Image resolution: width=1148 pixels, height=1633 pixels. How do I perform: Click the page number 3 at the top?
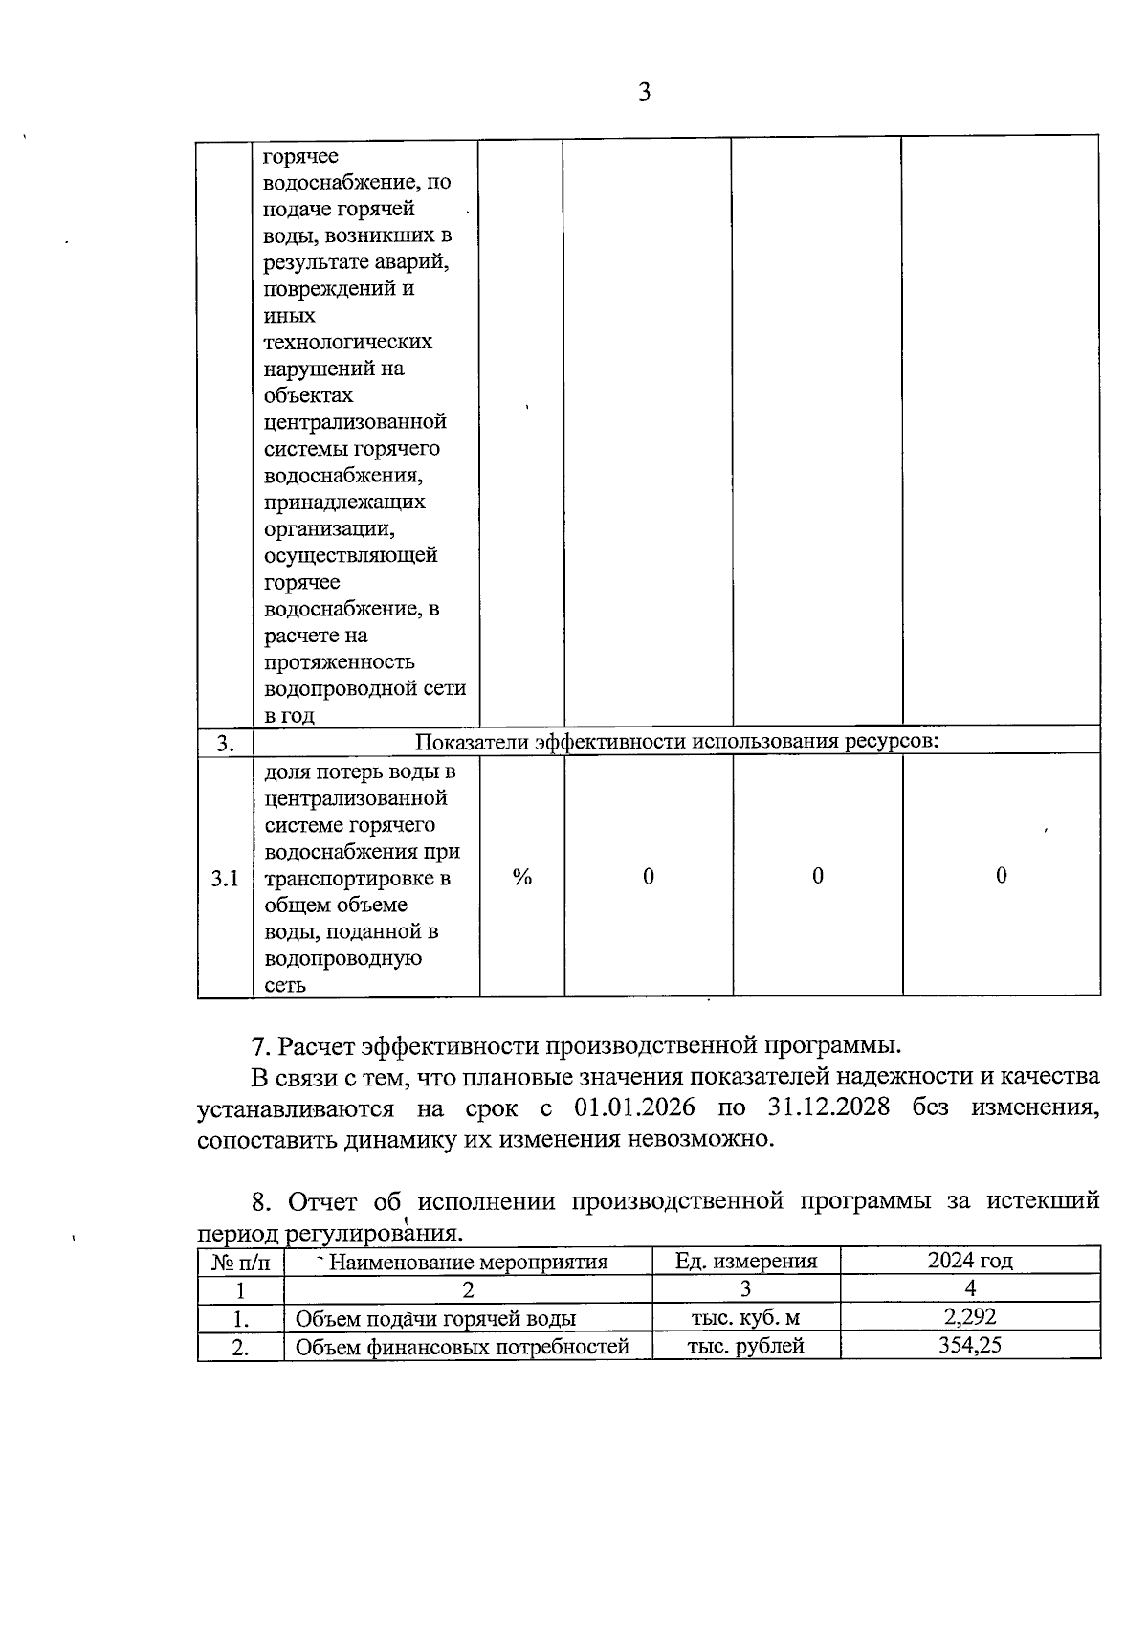(x=644, y=93)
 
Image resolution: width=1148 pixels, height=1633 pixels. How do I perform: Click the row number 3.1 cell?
(x=225, y=878)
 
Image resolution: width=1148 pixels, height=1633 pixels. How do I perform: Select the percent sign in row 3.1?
(x=521, y=877)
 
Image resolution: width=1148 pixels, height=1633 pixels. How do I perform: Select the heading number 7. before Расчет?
(x=259, y=1044)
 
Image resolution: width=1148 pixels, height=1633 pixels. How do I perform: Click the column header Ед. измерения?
(x=746, y=1261)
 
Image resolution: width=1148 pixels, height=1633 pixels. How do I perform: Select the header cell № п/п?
(x=240, y=1262)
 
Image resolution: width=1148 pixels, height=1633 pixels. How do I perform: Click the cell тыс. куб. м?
(x=745, y=1318)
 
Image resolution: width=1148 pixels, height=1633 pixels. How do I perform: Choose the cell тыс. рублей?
(x=745, y=1346)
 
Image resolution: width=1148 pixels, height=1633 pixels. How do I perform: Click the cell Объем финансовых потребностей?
(x=462, y=1347)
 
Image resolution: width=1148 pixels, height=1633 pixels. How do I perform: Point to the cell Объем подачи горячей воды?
(x=435, y=1319)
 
